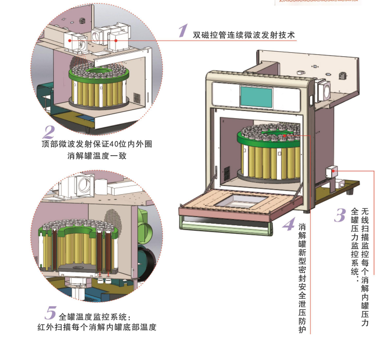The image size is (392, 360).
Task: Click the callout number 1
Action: tap(183, 31)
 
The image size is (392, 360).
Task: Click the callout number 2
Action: tap(49, 132)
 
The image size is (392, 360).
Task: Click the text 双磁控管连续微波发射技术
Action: tap(243, 35)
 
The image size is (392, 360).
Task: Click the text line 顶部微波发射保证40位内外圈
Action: tap(96, 144)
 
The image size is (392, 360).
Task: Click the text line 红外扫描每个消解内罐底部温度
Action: tap(96, 328)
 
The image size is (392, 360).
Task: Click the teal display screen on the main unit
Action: tap(256, 95)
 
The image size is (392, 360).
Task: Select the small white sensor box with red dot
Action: tap(334, 171)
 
